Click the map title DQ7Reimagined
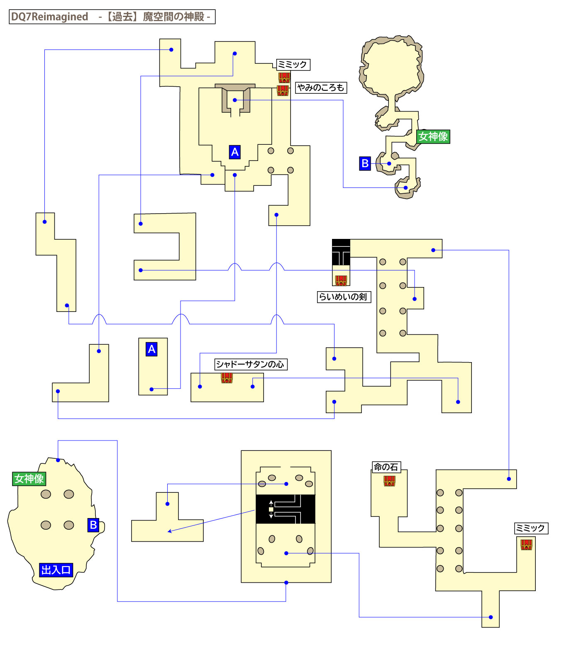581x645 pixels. pos(50,17)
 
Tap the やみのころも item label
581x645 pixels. pos(321,88)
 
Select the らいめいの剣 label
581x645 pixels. pos(343,297)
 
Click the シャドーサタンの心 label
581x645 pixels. pos(250,364)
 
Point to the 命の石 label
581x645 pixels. pos(386,467)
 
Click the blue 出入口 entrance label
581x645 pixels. pos(56,570)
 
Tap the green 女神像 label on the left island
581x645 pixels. pos(29,479)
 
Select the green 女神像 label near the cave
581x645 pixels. pos(433,136)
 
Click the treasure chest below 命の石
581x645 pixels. pos(389,481)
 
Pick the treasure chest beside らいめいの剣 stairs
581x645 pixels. pos(341,280)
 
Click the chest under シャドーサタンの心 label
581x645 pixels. pos(227,378)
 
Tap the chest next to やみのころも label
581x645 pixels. pos(283,90)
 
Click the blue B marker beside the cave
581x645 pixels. pos(365,163)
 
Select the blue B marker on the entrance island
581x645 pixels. pos(93,525)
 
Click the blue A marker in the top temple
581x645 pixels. pos(234,152)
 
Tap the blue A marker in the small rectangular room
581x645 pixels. pos(151,349)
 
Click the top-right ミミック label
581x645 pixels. pos(293,65)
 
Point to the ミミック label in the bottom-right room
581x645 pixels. pos(531,528)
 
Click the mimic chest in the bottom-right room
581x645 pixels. pos(526,544)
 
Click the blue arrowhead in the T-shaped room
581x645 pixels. pos(169,531)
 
